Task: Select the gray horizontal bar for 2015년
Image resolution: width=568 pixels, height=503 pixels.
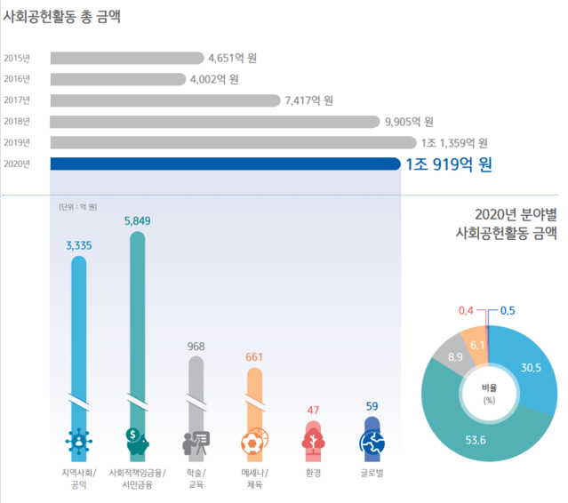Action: click(x=126, y=59)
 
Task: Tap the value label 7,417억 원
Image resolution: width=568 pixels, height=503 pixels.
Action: click(x=308, y=100)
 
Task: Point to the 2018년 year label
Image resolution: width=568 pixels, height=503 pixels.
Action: click(x=17, y=122)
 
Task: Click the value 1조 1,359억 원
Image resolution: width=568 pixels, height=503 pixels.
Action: click(x=454, y=142)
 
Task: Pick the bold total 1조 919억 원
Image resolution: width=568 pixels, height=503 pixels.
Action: click(x=448, y=164)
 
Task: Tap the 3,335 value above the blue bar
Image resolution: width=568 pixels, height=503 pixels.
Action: click(x=79, y=245)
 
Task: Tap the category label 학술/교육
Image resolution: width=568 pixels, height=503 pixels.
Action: click(x=195, y=477)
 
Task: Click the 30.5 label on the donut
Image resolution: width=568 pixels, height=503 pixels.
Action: click(x=531, y=367)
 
